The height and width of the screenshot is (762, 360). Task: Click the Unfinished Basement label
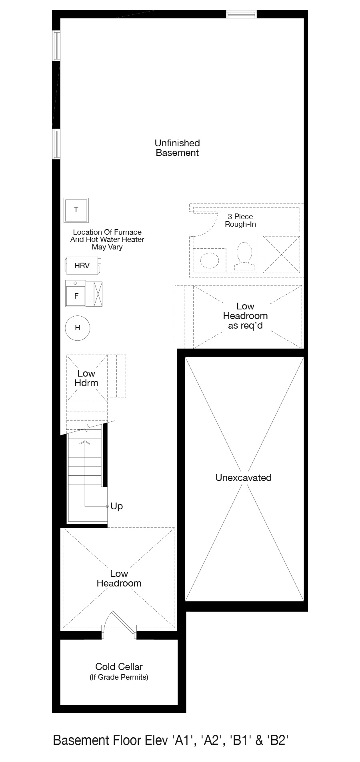click(177, 148)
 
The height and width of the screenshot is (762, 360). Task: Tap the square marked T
click(76, 210)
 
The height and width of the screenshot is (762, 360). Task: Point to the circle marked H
click(78, 328)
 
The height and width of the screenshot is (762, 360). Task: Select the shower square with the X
click(281, 255)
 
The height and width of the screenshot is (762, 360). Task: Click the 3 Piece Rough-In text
click(240, 220)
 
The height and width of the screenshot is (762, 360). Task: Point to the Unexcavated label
click(243, 478)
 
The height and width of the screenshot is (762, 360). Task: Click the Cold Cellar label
click(119, 666)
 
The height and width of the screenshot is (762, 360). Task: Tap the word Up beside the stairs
click(117, 506)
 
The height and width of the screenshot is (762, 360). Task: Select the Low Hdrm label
click(86, 378)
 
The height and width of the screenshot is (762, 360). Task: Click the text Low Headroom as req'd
click(245, 316)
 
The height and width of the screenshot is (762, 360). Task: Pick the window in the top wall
click(241, 14)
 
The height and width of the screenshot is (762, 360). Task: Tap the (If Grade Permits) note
click(119, 677)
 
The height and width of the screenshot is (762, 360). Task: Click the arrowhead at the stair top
click(85, 443)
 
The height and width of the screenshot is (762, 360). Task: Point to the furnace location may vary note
click(107, 239)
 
